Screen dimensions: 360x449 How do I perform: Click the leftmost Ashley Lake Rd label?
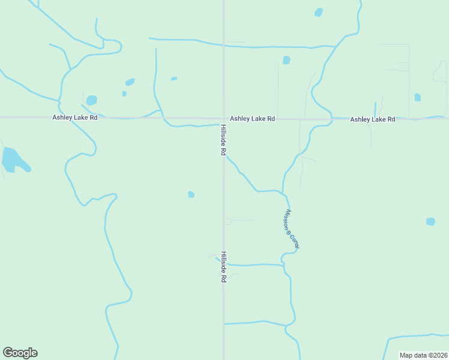74,118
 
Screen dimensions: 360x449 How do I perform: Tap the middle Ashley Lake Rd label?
252,119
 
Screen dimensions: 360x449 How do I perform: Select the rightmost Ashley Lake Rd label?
373,120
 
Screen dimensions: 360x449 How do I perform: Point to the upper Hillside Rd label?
222,140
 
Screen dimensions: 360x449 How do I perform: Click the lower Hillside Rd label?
223,267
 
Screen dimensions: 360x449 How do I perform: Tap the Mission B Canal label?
291,229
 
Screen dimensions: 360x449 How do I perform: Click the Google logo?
20,353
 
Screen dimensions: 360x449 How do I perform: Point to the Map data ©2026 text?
423,355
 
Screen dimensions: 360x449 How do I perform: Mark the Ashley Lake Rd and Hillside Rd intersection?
223,119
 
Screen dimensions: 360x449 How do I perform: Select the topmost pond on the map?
318,12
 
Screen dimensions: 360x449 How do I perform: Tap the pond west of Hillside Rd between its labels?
191,194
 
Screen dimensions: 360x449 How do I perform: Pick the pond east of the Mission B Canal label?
430,221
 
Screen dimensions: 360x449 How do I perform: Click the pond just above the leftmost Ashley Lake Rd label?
91,100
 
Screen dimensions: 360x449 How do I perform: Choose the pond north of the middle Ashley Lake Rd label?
286,60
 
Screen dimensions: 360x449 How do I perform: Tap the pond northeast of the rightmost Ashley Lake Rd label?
417,97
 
